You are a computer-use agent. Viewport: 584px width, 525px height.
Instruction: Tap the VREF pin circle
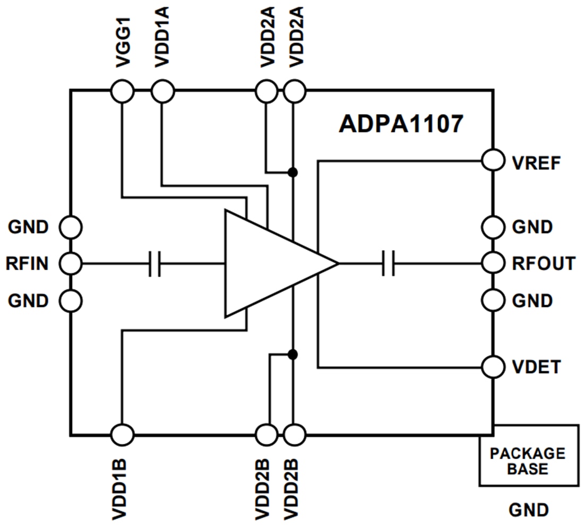493,161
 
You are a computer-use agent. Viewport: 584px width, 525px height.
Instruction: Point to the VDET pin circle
493,366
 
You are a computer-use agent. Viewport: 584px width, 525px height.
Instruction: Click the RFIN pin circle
70,263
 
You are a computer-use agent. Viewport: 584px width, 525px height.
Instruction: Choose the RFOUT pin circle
493,263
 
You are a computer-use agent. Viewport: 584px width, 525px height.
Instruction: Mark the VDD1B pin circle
123,435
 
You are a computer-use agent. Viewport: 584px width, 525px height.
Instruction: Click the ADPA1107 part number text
401,125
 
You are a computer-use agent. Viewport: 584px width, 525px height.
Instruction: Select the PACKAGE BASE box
528,455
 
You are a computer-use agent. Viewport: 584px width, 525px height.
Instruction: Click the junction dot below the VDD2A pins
292,172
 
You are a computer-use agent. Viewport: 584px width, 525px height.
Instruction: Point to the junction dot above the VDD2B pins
292,354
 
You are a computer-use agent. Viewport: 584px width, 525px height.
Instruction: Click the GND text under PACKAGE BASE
528,510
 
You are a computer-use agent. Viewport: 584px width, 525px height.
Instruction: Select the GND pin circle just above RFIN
70,227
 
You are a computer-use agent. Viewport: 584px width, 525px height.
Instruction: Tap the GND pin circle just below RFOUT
493,300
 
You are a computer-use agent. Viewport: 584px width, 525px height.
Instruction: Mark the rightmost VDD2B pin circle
295,435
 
